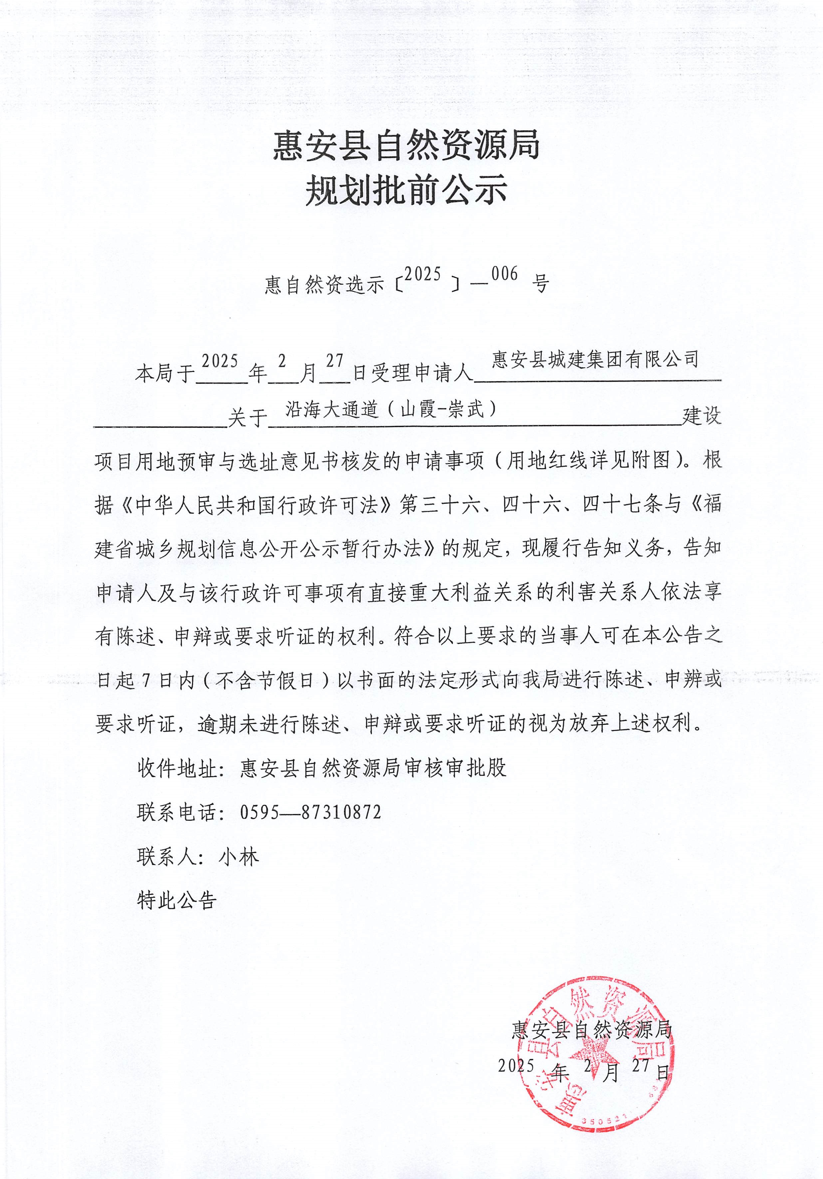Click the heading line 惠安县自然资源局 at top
[x=406, y=145]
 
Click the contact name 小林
[x=239, y=857]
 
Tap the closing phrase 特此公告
[x=177, y=900]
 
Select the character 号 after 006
[x=540, y=283]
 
